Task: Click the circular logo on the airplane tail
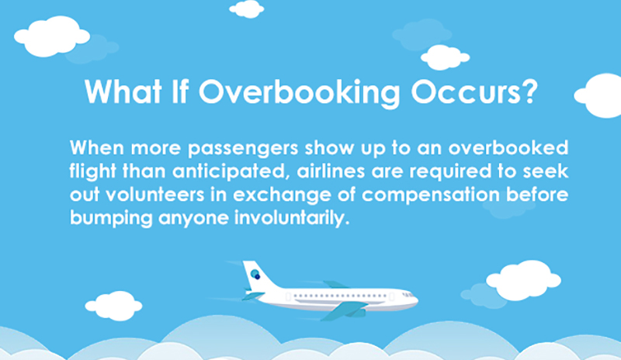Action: click(x=255, y=274)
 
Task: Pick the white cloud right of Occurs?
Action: click(x=602, y=95)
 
